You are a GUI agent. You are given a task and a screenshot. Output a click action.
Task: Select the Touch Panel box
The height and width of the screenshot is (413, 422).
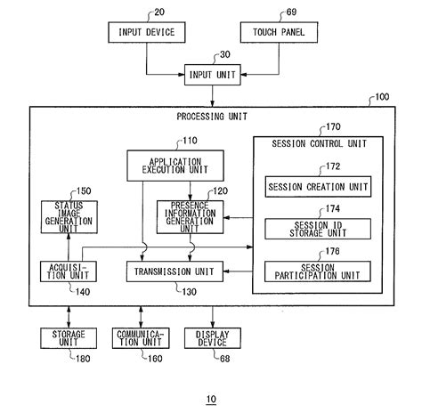tap(278, 33)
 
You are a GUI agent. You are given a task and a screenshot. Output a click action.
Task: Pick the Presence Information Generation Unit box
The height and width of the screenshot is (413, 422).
tap(190, 216)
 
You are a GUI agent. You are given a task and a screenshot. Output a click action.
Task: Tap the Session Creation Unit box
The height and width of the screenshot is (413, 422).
tap(317, 187)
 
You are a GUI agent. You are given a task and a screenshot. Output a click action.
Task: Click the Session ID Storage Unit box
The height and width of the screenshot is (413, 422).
tap(317, 228)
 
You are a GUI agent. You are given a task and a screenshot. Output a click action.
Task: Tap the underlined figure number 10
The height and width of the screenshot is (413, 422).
tap(211, 398)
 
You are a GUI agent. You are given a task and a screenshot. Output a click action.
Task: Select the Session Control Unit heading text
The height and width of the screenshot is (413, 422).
tap(318, 143)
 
